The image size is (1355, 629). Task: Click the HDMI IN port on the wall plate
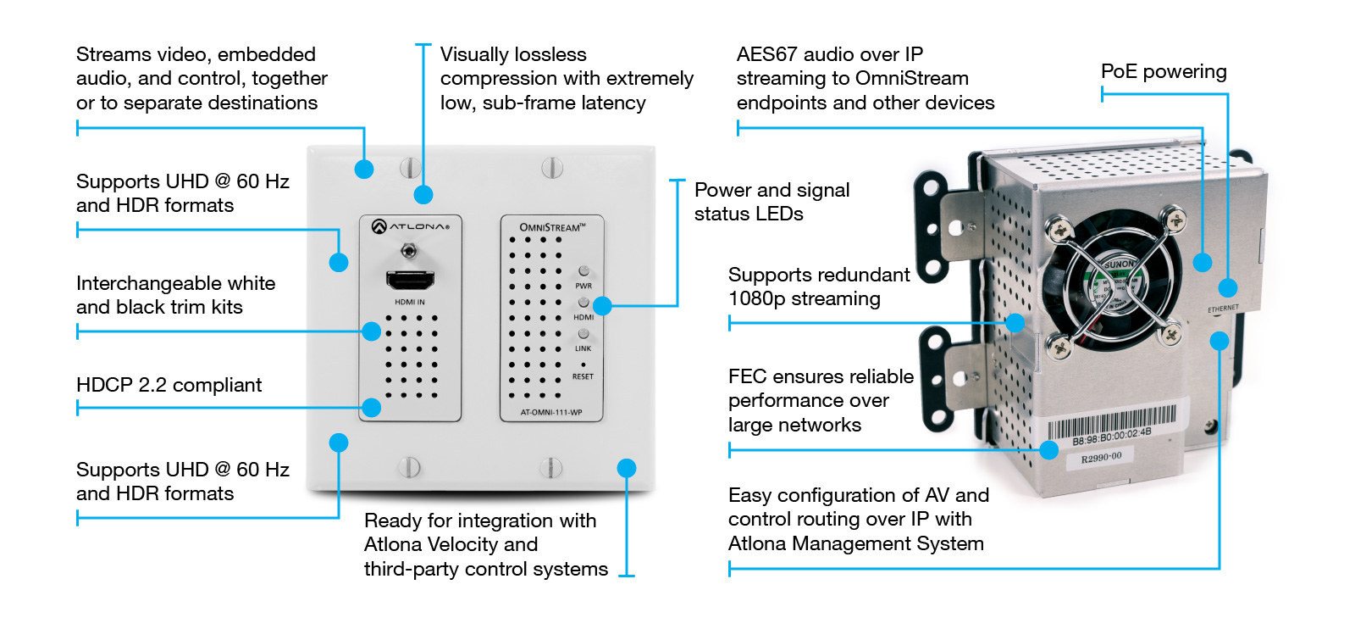coord(411,281)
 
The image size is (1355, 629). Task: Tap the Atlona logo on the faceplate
coord(411,226)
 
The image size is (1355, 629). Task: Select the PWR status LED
coord(583,271)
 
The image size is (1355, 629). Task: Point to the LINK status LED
coord(583,333)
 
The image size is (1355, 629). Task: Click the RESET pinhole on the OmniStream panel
coord(583,365)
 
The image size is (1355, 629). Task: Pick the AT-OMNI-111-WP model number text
coord(551,413)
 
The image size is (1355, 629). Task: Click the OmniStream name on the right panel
coord(552,227)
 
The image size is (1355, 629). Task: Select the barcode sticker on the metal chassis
coord(1111,425)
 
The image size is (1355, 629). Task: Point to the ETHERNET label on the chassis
coord(1223,309)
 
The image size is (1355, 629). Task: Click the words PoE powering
coord(1164,71)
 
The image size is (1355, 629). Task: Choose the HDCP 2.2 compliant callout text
coord(169,385)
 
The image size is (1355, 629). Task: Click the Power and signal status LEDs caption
coord(772,202)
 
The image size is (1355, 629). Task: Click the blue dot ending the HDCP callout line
coord(372,408)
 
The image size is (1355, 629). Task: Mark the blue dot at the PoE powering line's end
coord(1227,287)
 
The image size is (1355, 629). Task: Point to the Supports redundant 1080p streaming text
coord(819,287)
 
